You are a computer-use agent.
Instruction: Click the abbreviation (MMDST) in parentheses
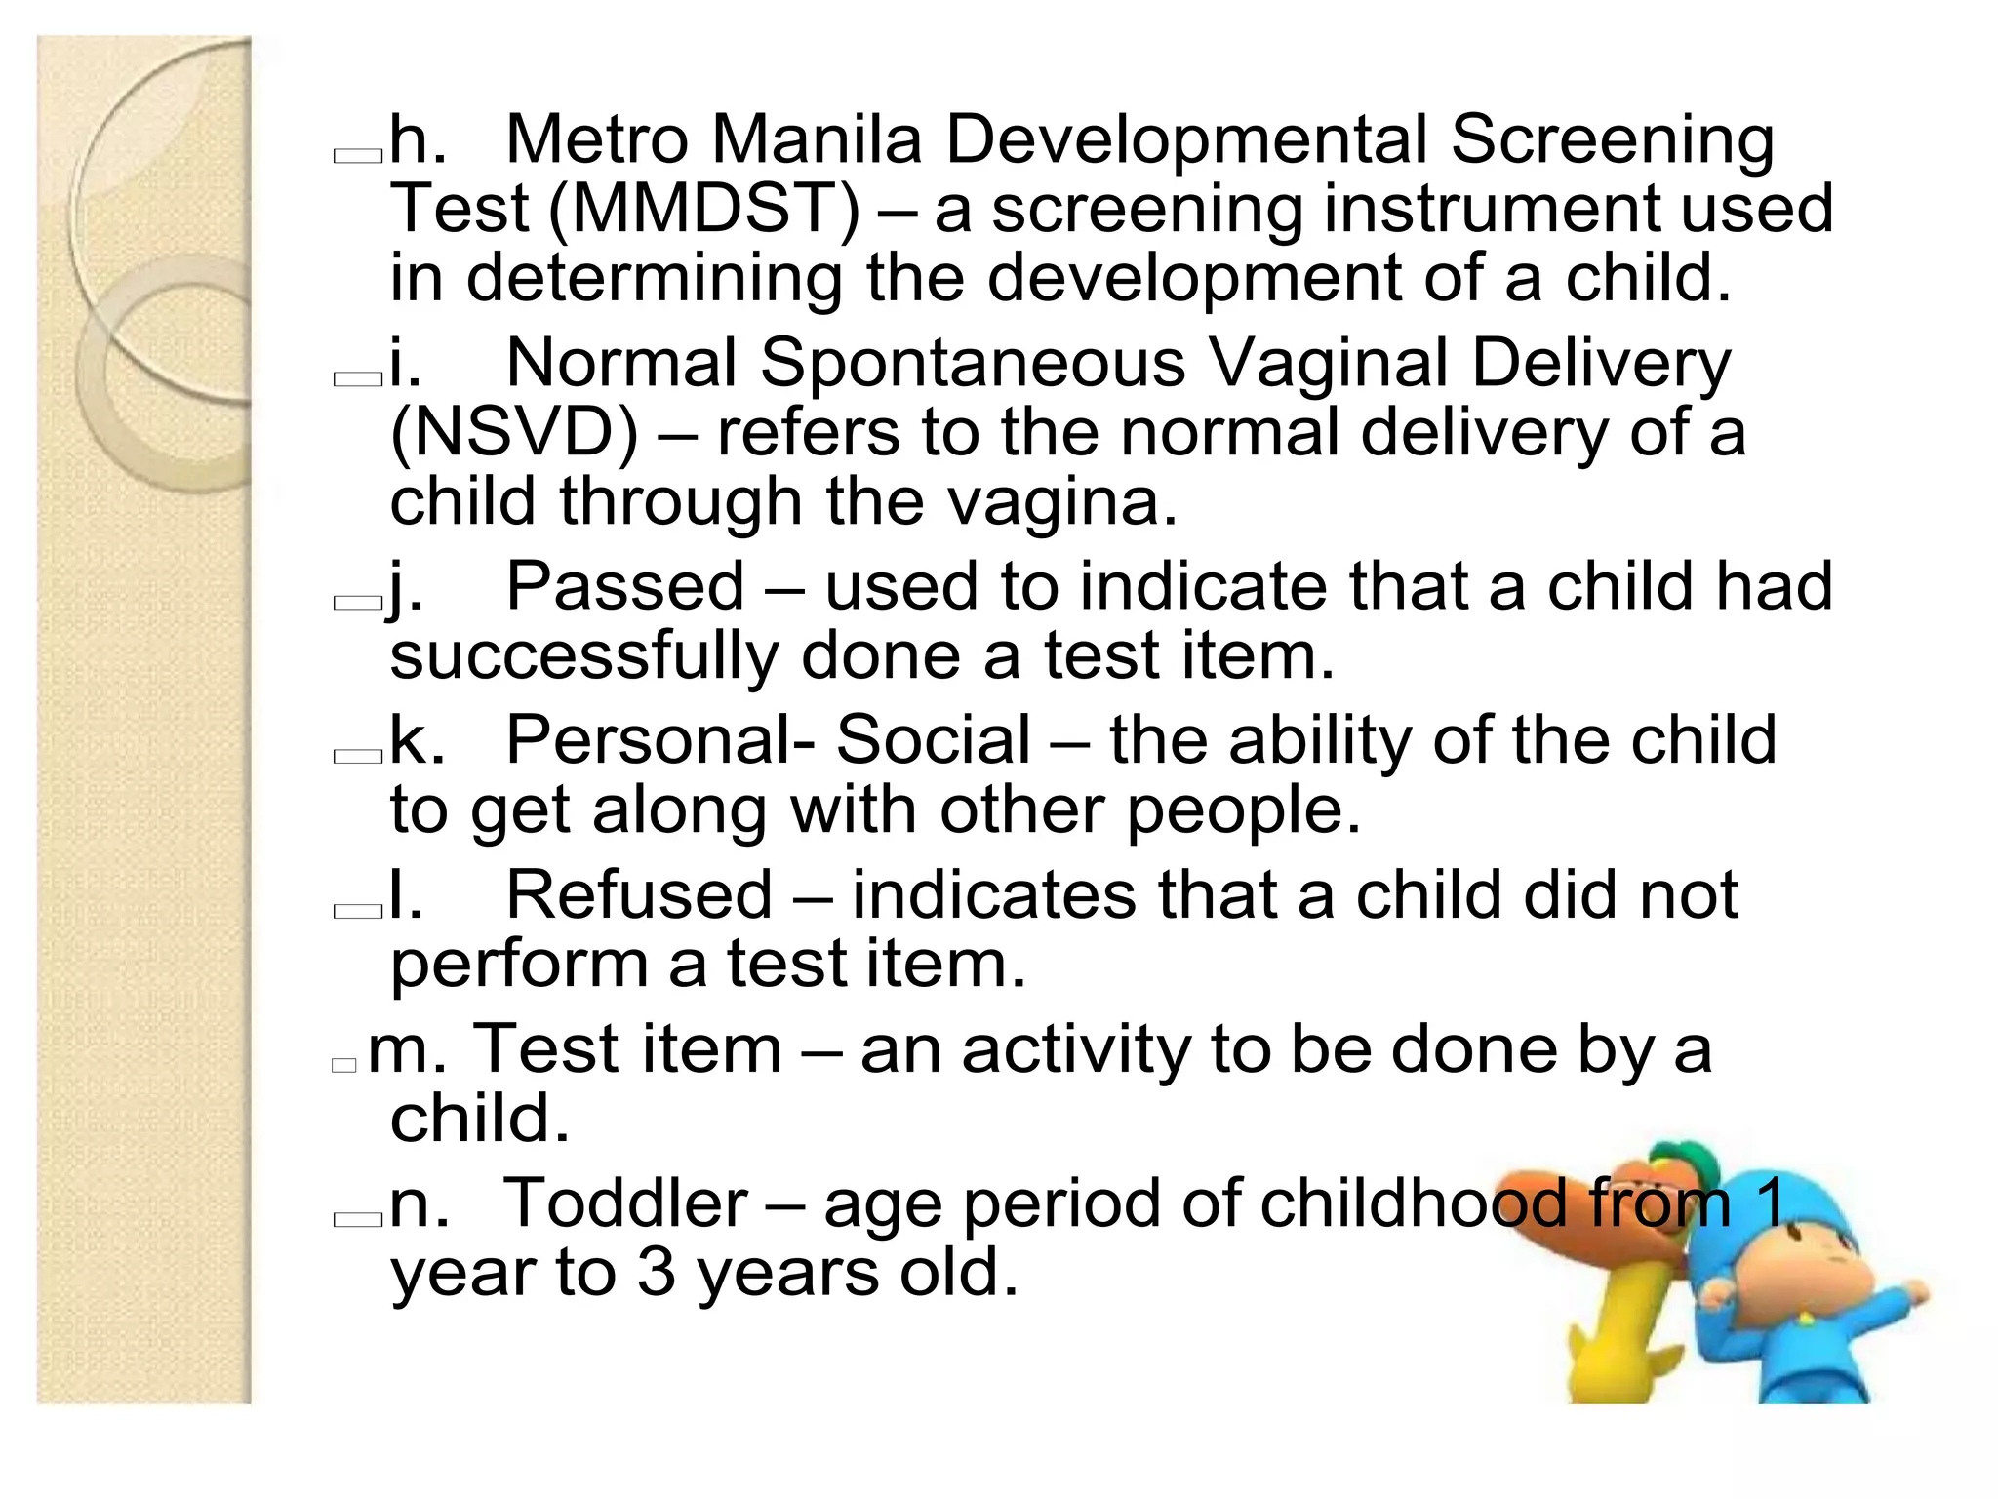pyautogui.click(x=704, y=210)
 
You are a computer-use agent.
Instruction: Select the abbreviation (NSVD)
pyautogui.click(x=514, y=433)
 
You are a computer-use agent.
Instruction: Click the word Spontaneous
pyautogui.click(x=973, y=364)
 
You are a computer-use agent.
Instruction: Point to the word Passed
pyautogui.click(x=625, y=587)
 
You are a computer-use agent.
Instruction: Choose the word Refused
pyautogui.click(x=639, y=894)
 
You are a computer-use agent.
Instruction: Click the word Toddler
pyautogui.click(x=625, y=1203)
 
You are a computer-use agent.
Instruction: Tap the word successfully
pyautogui.click(x=583, y=655)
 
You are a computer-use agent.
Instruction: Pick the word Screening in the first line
pyautogui.click(x=1612, y=139)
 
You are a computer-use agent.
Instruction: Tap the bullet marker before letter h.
pyautogui.click(x=357, y=156)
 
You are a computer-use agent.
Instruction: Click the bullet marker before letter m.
pyautogui.click(x=344, y=1065)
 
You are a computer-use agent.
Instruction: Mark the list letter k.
pyautogui.click(x=417, y=740)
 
